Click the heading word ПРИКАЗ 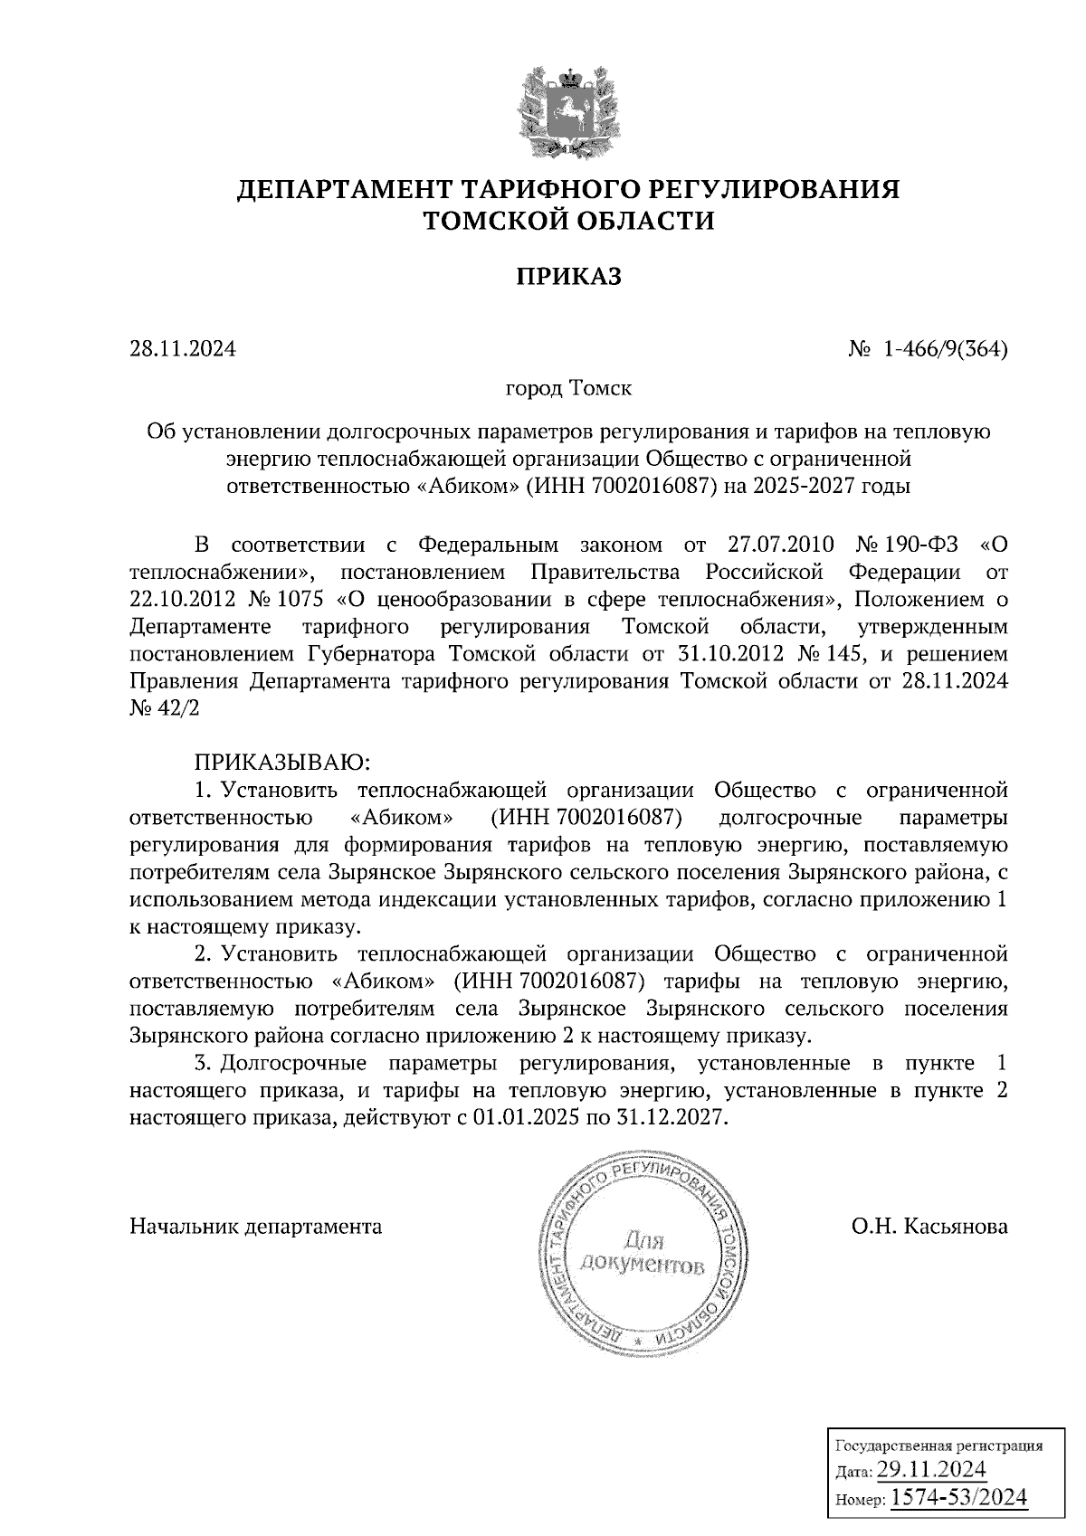tap(568, 276)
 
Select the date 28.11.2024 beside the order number tap(183, 348)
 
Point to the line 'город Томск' tap(568, 390)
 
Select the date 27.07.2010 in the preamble tap(779, 546)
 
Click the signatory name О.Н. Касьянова tap(929, 1227)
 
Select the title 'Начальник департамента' tap(256, 1227)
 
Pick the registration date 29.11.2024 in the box tap(931, 1467)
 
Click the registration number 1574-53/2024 tap(959, 1497)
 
